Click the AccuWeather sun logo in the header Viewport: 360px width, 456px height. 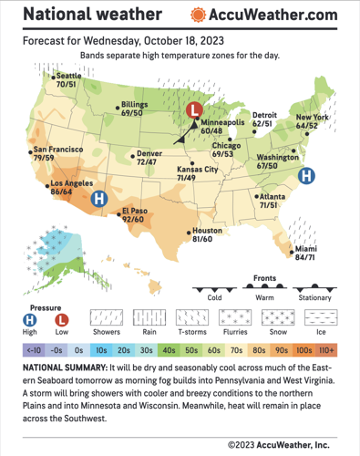[x=197, y=16]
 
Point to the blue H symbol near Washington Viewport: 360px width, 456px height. [x=308, y=174]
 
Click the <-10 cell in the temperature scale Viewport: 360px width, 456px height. [x=32, y=349]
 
